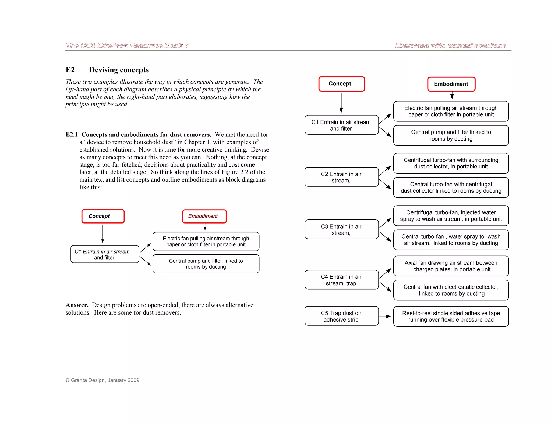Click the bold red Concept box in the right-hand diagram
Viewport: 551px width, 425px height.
pos(341,84)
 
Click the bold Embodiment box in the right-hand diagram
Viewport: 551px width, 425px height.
pos(451,84)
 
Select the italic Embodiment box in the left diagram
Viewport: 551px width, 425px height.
pos(204,216)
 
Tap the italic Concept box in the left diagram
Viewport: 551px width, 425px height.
pos(103,216)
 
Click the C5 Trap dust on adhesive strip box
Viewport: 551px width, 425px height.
pos(341,316)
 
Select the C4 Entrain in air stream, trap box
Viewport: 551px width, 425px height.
pos(341,280)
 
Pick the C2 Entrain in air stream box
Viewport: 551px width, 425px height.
pos(341,177)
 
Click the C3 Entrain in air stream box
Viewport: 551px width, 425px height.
pos(341,229)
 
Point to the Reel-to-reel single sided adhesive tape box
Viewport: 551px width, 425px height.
pos(451,316)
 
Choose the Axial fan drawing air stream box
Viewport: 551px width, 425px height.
pos(451,266)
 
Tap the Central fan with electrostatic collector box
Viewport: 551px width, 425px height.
pos(451,290)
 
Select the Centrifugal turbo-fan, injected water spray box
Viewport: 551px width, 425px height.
pos(451,215)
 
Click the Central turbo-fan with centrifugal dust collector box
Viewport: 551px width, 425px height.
pos(451,188)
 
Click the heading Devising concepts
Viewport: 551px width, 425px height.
pos(119,70)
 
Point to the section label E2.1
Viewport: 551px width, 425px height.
pos(72,135)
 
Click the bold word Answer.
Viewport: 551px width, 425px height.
pos(77,305)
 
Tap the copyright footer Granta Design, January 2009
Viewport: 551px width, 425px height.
pos(103,380)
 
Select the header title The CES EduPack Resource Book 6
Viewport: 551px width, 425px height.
pos(127,46)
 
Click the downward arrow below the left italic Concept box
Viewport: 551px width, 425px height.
pos(103,233)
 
